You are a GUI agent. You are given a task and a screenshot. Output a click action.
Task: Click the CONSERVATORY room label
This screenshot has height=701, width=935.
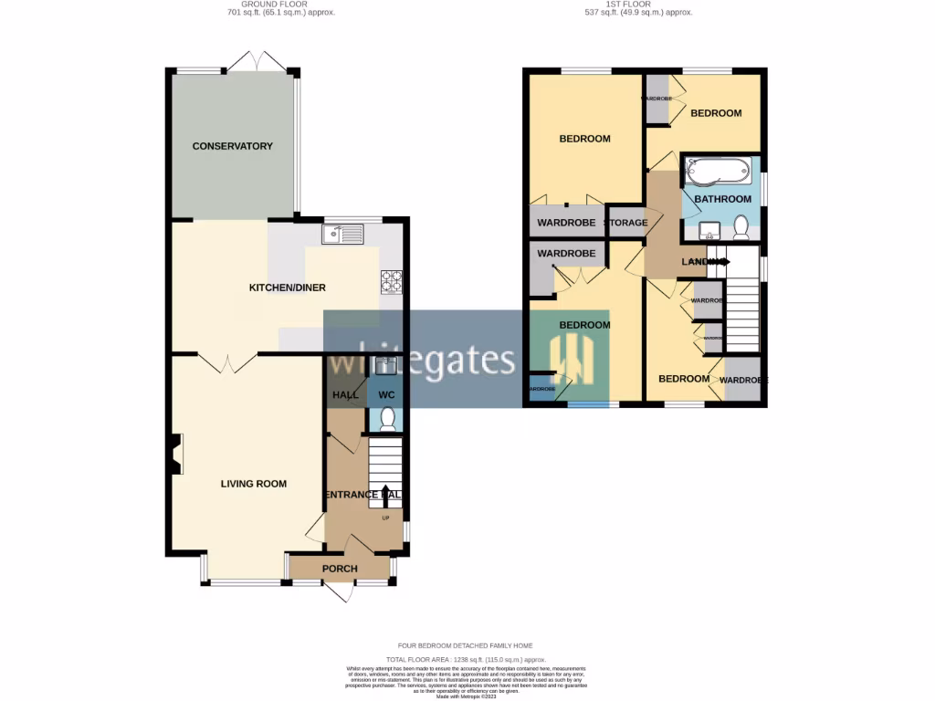point(232,146)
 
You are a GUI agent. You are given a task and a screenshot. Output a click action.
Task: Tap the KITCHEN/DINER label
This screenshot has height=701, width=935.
point(288,288)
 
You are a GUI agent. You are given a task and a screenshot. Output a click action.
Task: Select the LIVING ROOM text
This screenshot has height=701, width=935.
point(253,484)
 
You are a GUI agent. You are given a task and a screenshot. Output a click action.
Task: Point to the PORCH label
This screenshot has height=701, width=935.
point(340,569)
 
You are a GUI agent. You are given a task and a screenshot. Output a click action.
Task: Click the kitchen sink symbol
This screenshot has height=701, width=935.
point(342,235)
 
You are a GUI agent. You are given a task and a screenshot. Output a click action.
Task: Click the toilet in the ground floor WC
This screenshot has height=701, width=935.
point(387,419)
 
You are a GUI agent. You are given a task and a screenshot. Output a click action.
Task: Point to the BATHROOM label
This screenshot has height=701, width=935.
point(722,199)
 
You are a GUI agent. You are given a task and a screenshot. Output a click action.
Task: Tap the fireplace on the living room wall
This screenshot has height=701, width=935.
point(173,454)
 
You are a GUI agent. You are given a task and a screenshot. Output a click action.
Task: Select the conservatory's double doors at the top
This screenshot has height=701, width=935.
point(257,62)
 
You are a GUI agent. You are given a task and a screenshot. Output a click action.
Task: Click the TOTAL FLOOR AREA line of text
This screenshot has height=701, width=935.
point(465,659)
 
